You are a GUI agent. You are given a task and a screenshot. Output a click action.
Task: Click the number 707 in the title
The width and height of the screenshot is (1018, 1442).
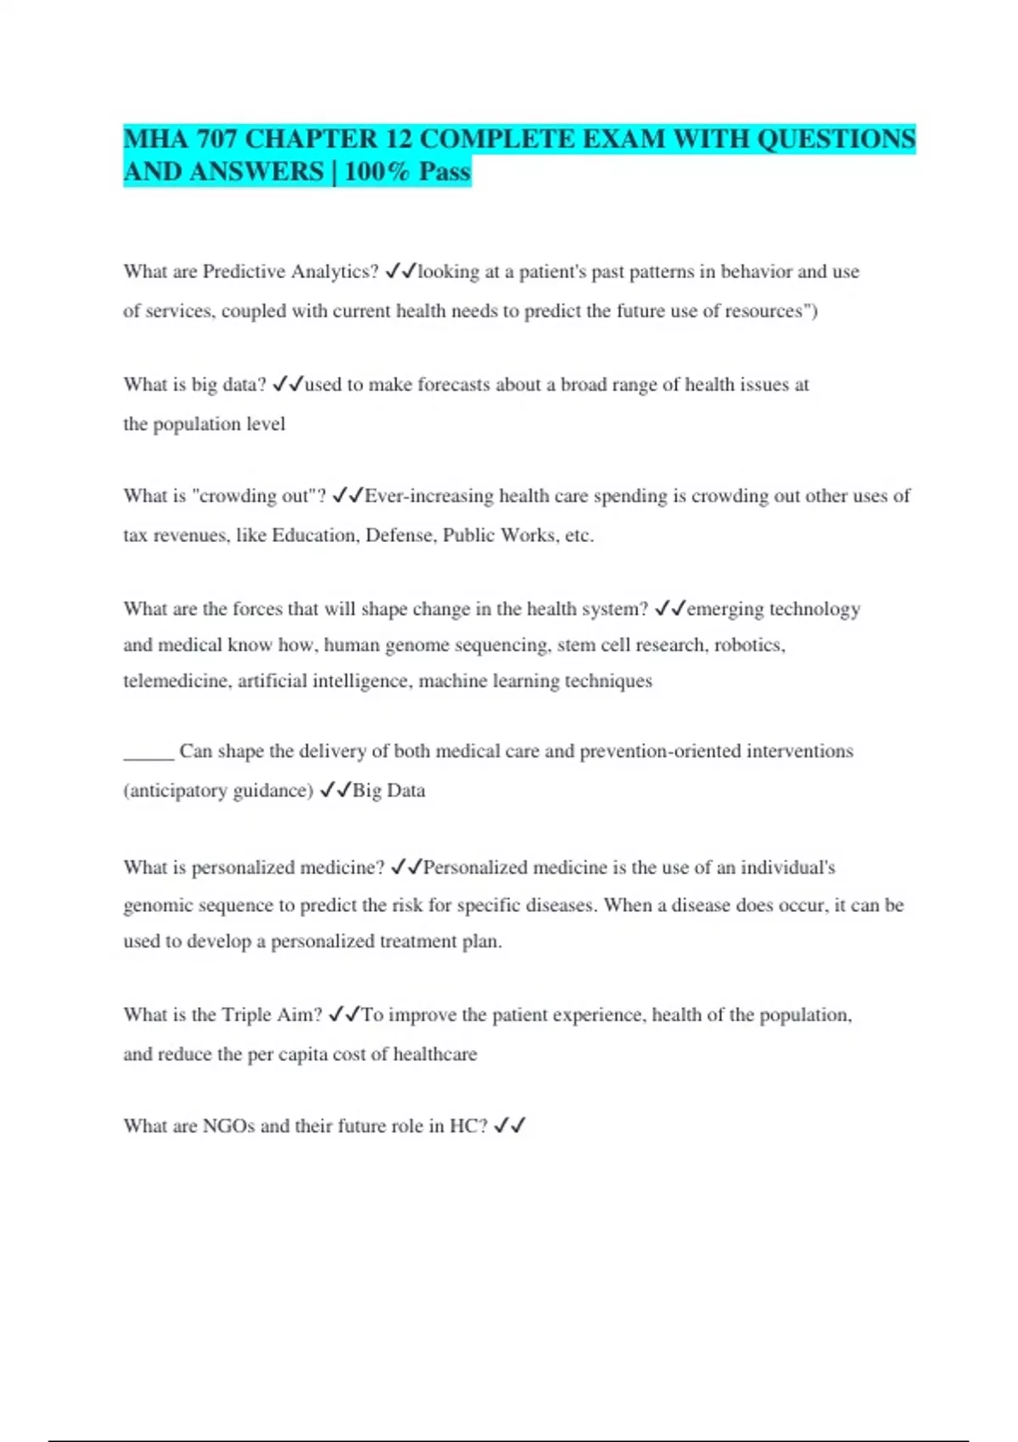click(x=217, y=139)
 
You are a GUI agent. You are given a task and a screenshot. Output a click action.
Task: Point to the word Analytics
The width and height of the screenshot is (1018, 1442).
click(x=334, y=271)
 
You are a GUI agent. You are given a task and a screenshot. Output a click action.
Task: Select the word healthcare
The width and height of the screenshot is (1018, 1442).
click(x=435, y=1054)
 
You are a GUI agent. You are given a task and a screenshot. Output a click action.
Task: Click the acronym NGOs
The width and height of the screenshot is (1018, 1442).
click(x=228, y=1126)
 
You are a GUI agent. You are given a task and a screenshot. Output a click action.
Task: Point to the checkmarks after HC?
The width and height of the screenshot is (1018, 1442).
click(x=510, y=1126)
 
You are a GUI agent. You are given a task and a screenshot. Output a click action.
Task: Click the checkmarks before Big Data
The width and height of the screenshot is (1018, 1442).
click(x=335, y=791)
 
